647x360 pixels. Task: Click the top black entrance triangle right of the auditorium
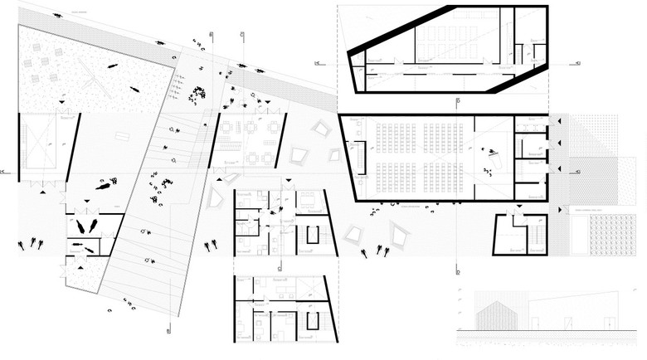tap(561, 122)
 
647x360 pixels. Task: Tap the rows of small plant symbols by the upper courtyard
tap(177, 82)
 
